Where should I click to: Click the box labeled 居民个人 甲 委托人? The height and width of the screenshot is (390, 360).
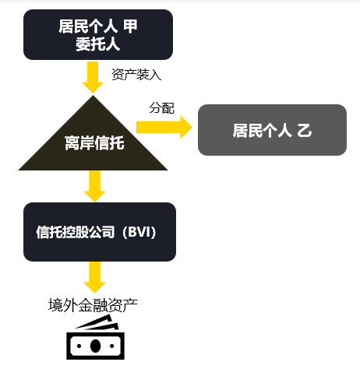(98, 35)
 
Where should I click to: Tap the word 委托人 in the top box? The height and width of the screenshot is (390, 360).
(98, 44)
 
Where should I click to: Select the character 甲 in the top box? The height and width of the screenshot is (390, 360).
(130, 26)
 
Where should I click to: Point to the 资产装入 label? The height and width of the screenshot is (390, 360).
(136, 75)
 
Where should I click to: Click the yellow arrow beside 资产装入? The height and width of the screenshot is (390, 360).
(93, 77)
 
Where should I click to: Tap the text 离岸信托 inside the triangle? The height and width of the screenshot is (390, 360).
(94, 143)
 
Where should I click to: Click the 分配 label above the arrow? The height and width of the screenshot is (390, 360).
(161, 108)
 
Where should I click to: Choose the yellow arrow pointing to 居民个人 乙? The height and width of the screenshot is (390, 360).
(164, 127)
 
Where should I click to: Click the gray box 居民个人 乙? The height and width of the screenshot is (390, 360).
(272, 130)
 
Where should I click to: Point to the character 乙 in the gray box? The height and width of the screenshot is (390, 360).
(305, 130)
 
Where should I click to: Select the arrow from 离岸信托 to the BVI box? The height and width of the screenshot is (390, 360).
(94, 186)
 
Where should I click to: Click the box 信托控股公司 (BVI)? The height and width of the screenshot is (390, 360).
(100, 232)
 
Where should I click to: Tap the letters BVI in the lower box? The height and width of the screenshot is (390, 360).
(139, 232)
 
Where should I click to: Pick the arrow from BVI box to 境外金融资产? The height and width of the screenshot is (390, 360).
(94, 277)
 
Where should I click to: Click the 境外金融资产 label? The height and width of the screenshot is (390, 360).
(93, 305)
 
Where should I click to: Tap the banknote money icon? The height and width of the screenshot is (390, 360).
(95, 337)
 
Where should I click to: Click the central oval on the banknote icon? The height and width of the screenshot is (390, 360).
(95, 346)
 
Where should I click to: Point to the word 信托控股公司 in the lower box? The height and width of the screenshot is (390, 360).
(76, 232)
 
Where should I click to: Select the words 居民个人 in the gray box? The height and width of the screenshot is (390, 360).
(263, 130)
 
